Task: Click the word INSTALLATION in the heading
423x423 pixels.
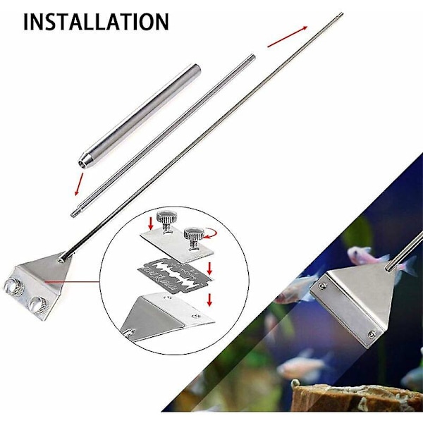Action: click(96, 22)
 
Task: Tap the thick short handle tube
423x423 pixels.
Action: click(140, 117)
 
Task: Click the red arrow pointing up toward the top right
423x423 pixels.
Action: click(288, 37)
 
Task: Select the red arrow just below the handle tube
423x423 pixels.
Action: click(79, 184)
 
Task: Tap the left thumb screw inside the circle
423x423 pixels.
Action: click(166, 221)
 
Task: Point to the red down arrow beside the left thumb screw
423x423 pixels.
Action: click(151, 223)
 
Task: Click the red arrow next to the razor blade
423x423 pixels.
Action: click(210, 269)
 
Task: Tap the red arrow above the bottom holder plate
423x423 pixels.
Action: click(209, 300)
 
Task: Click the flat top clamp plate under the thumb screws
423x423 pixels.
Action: click(177, 244)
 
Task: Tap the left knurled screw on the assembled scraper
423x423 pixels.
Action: click(13, 286)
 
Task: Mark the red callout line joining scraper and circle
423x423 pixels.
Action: click(73, 282)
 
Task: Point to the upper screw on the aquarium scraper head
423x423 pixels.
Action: click(321, 286)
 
